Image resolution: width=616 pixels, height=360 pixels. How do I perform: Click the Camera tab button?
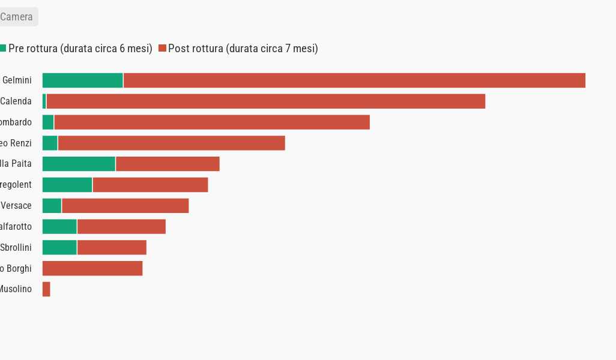click(17, 17)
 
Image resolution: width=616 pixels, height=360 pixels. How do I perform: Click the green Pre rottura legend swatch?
click(3, 48)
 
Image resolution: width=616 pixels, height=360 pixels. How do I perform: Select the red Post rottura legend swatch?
click(162, 48)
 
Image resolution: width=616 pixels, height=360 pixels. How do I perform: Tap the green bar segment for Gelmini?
click(83, 80)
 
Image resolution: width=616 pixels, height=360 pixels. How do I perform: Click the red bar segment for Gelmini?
click(354, 80)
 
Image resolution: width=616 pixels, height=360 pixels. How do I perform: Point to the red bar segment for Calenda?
click(265, 101)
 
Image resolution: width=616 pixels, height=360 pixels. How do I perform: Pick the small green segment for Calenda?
click(44, 101)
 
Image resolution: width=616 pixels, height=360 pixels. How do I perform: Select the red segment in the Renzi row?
click(171, 143)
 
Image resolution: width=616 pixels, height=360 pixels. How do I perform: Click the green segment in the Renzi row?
click(50, 143)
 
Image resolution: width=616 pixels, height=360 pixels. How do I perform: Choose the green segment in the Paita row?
click(79, 164)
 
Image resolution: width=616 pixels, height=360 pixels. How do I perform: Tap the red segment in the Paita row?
click(168, 164)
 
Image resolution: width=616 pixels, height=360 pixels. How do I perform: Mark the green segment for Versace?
click(52, 206)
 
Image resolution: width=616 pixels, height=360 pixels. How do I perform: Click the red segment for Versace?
click(125, 206)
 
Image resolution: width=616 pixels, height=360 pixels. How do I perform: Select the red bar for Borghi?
click(92, 268)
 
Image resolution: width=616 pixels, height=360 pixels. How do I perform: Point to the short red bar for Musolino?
click(46, 289)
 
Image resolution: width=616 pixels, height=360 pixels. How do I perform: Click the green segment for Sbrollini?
click(59, 247)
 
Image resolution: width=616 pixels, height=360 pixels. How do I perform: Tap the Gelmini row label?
click(17, 80)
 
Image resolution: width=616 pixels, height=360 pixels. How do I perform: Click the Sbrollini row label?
click(16, 247)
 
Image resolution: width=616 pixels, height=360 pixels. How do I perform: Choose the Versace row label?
click(16, 206)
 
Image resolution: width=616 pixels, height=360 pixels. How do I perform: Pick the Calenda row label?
click(16, 101)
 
